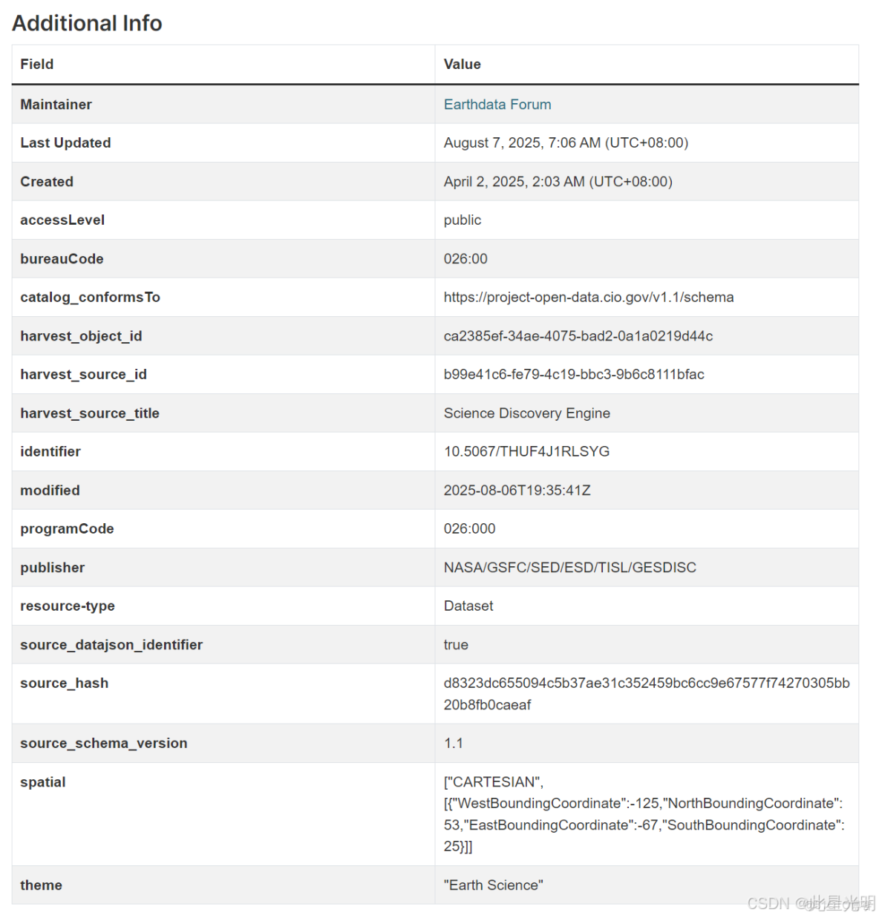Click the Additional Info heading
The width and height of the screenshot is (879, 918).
tap(87, 23)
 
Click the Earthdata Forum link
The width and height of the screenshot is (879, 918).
tap(497, 105)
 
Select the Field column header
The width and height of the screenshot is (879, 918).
tap(37, 65)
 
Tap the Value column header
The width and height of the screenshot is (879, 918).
tap(462, 65)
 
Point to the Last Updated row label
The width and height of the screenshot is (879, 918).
tap(65, 143)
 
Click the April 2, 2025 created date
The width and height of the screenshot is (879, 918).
tap(558, 182)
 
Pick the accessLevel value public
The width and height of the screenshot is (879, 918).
tap(463, 220)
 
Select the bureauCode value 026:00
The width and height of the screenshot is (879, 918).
tap(465, 259)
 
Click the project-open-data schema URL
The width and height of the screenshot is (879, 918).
tap(588, 298)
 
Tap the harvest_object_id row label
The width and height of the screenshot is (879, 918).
tap(81, 336)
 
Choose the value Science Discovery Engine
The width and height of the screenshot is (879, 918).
tap(526, 413)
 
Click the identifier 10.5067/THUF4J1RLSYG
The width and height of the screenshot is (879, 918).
tap(526, 452)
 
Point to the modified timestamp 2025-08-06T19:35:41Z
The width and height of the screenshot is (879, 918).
tap(517, 491)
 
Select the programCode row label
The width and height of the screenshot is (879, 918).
tap(67, 529)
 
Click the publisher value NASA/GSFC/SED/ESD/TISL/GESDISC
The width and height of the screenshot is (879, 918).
tap(569, 568)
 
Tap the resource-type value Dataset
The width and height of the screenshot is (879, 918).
tap(468, 606)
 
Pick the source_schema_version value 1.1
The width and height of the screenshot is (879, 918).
tap(453, 744)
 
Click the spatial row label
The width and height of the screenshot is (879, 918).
tap(43, 782)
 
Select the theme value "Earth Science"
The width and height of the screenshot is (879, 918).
tap(493, 885)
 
